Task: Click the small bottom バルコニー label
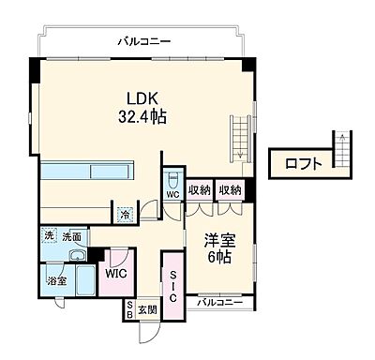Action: pos(226,302)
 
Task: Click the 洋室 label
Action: pos(219,239)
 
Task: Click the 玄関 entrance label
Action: pos(147,308)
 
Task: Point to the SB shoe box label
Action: pos(129,309)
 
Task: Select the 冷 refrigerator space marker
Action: pos(125,213)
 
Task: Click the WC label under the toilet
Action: pos(172,195)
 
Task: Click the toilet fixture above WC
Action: pos(172,179)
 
